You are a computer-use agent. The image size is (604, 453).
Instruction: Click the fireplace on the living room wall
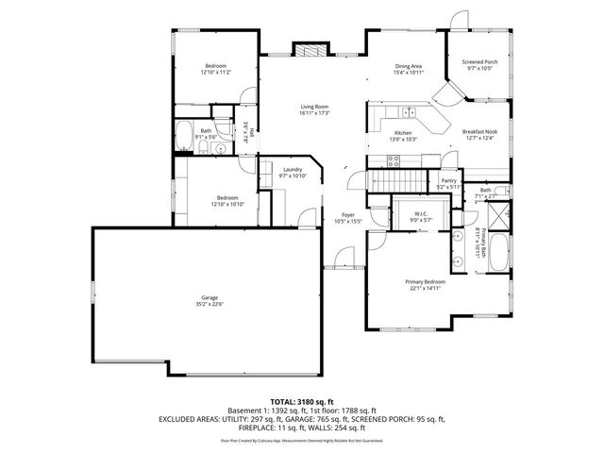[x=309, y=52]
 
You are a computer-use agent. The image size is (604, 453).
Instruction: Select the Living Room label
[x=313, y=106]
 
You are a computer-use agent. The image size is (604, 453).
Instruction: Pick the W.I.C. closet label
[x=421, y=213]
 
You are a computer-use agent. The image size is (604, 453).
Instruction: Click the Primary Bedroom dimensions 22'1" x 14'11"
[x=425, y=289]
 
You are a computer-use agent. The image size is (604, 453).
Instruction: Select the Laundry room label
[x=292, y=169]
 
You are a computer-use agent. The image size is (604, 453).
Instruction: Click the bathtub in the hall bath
[x=185, y=137]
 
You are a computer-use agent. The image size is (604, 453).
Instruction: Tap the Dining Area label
[x=409, y=65]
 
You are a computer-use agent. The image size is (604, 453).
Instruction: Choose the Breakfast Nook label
[x=478, y=132]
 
